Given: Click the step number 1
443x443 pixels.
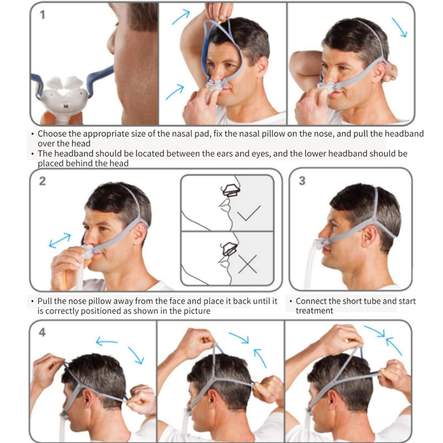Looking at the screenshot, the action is tap(43, 15).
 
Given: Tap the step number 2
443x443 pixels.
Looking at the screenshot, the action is tap(42, 181).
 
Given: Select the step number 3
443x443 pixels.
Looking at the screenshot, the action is tap(302, 181).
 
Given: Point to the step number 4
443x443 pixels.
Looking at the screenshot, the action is tap(42, 332).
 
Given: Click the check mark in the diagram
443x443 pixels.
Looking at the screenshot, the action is tap(249, 213).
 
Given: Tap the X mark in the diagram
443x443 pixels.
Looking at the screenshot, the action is tap(247, 264).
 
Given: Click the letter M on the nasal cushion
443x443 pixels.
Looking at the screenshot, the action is tap(66, 106).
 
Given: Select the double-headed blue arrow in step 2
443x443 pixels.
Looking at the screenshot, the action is tap(60, 241).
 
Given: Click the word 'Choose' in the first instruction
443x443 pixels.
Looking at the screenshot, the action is tap(52, 134).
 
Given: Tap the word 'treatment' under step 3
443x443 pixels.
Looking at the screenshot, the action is tap(314, 311).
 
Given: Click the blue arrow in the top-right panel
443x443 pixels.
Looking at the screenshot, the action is tap(399, 27).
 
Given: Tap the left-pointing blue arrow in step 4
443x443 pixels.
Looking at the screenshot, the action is tap(106, 342).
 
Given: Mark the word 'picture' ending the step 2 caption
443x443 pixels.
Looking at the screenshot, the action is tap(197, 311).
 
